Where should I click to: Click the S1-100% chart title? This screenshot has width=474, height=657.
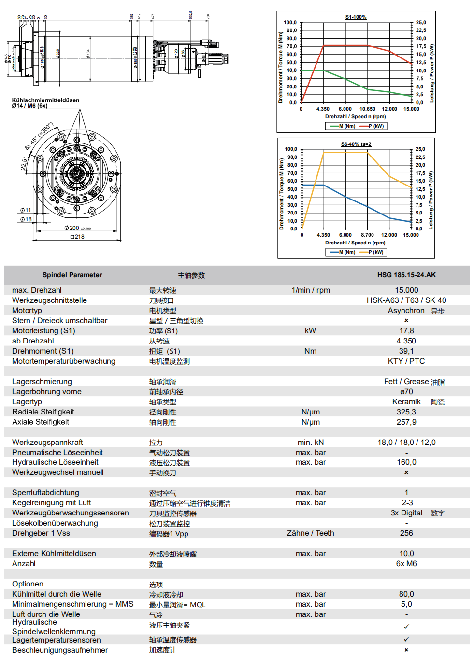[x=356, y=17]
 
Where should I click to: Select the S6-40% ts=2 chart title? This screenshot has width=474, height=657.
[x=356, y=144]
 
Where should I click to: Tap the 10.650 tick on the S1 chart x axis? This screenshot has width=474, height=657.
[x=367, y=109]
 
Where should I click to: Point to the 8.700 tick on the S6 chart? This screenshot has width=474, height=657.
[x=367, y=235]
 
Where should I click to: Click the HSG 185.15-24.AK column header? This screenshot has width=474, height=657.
[x=406, y=275]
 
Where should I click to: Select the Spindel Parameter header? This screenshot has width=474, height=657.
[x=72, y=275]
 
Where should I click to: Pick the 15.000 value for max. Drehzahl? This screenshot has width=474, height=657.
[x=406, y=290]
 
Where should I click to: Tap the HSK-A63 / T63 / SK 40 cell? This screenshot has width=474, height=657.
[x=406, y=300]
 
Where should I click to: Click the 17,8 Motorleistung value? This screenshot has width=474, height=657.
[x=406, y=331]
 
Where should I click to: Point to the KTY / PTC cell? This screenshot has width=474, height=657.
[x=406, y=361]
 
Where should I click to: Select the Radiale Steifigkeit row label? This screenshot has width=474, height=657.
[x=43, y=412]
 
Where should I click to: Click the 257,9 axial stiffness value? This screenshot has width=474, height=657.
[x=406, y=422]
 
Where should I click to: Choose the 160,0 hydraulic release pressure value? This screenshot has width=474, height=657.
[x=406, y=462]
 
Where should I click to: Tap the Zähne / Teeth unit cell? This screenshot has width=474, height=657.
[x=310, y=533]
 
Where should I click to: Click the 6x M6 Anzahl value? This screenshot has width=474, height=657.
[x=406, y=564]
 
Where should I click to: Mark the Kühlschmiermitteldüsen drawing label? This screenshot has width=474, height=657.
[x=45, y=100]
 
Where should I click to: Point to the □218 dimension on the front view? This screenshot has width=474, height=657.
[x=77, y=237]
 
